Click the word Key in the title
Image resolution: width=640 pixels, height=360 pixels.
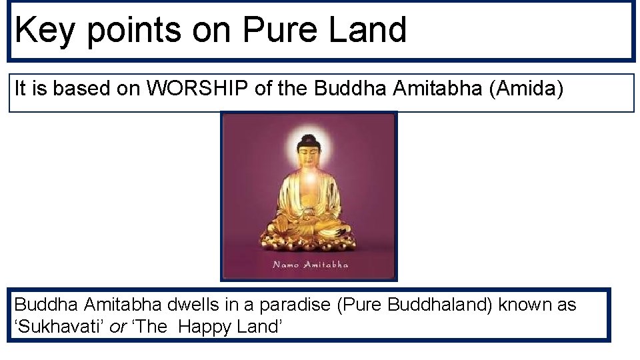[45, 31]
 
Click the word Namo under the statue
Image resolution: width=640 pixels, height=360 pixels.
[286, 265]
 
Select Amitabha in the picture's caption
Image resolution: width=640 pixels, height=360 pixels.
[326, 265]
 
